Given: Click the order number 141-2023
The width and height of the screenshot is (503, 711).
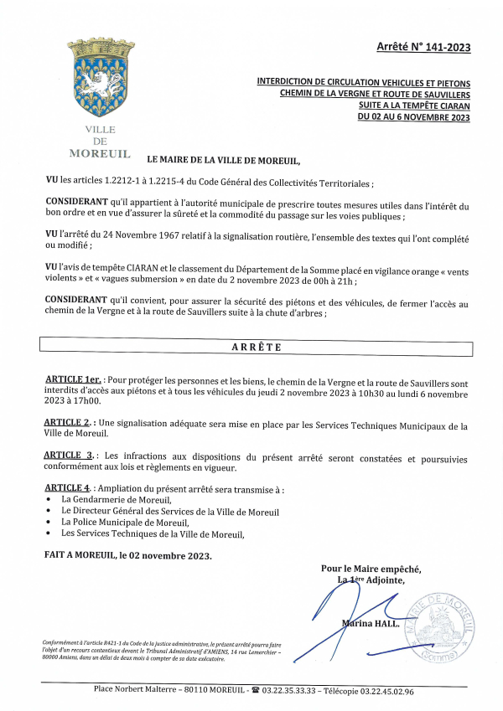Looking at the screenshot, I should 446,48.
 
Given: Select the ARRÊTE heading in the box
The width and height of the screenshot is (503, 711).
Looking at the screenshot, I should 256,347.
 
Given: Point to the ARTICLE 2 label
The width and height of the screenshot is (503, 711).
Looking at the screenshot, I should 67,422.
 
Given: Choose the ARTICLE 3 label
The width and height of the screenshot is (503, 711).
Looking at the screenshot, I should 69,455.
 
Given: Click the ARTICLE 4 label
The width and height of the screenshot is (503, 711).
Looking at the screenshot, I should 67,487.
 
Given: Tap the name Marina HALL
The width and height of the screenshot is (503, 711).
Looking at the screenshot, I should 370,623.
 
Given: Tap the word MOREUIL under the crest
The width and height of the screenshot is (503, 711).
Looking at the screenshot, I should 100,153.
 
